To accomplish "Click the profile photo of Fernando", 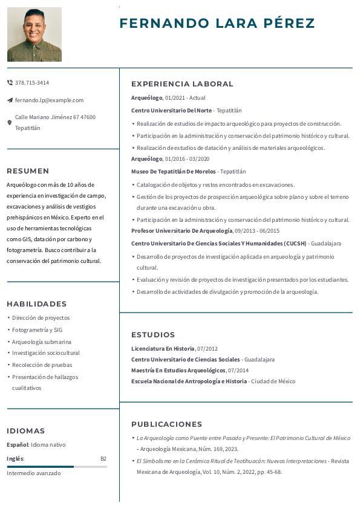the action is point(34,34).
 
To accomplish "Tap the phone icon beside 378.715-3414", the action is point(10,82).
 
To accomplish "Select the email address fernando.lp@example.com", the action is point(49,100).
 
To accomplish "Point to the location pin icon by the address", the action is point(10,123).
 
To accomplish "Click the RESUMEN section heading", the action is point(28,171).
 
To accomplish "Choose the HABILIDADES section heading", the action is point(37,304).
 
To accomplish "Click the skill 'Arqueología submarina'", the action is point(42,342).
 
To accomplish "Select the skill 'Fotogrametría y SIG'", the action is point(37,330).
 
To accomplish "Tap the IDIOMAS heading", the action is point(26,431).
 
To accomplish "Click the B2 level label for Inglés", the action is point(103,459).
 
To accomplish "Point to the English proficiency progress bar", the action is point(57,467).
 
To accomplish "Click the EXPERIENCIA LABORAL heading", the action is point(182,84).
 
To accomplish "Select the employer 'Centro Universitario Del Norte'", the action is point(171,111).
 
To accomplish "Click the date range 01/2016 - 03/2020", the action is point(188,159).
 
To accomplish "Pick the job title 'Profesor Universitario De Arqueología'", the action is point(182,231).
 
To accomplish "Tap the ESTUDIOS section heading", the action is point(153,335).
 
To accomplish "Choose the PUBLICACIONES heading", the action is point(166,424).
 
